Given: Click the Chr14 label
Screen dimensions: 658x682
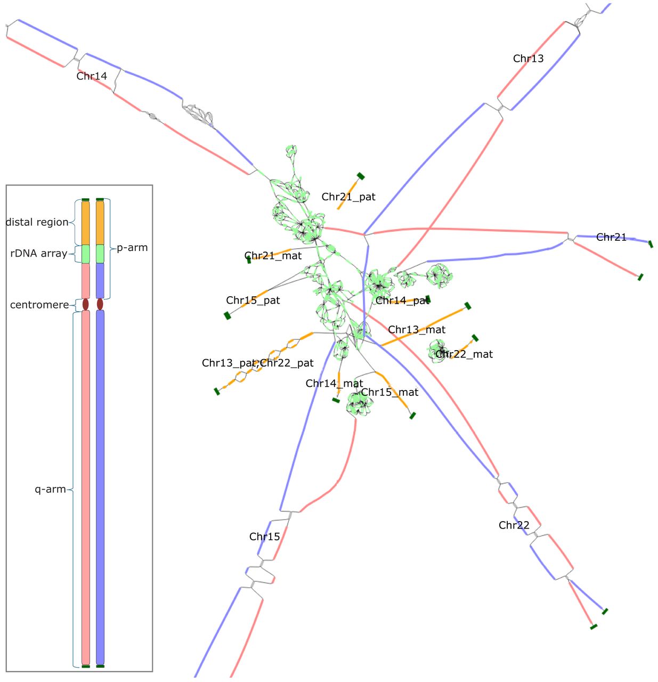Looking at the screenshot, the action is tap(92, 76).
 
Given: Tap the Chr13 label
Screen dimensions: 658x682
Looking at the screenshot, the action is tap(527, 58).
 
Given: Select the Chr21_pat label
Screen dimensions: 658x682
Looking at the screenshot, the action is tap(348, 197).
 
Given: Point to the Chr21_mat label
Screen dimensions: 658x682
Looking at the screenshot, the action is tap(273, 256).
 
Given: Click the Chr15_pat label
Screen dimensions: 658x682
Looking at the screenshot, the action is tap(253, 300).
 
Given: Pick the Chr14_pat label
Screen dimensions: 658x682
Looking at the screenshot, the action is tap(402, 300).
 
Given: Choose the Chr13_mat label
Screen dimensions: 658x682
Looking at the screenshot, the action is tap(416, 329).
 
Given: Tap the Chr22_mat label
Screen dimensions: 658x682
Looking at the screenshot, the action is tap(464, 354).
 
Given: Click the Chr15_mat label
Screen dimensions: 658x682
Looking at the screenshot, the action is tap(389, 392).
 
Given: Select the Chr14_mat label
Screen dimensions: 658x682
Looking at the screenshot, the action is tap(334, 383).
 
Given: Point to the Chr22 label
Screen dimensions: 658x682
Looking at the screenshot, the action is tap(513, 525).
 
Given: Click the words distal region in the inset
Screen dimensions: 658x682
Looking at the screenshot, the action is tap(37, 222).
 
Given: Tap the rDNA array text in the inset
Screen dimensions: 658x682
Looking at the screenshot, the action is tap(38, 253).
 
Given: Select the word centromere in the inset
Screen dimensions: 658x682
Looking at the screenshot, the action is tap(39, 305).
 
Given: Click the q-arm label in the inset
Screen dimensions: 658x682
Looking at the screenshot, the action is tap(50, 489).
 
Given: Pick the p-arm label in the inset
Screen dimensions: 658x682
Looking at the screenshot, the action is tap(132, 247).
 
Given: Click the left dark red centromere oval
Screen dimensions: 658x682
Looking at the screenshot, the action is tap(85, 304).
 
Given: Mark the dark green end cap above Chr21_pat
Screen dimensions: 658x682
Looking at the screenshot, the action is tap(360, 176).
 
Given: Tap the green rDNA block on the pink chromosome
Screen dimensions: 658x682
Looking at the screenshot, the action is tap(85, 254).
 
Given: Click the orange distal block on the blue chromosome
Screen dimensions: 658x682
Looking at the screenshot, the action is tap(100, 223).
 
